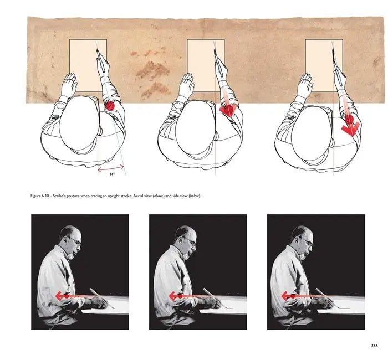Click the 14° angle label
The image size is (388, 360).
tap(112, 174)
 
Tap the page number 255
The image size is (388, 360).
tap(374, 346)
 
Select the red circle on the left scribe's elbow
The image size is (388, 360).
tap(110, 106)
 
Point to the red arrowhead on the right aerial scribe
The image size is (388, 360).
tap(351, 128)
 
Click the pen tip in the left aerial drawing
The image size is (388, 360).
tap(97, 50)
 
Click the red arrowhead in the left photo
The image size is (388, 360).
tap(59, 296)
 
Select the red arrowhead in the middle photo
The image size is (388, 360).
tap(173, 296)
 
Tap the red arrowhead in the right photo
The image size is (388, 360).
tap(285, 296)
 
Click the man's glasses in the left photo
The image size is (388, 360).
tap(75, 240)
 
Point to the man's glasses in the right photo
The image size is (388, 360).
tap(307, 240)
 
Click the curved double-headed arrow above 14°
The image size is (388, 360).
tap(111, 168)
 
